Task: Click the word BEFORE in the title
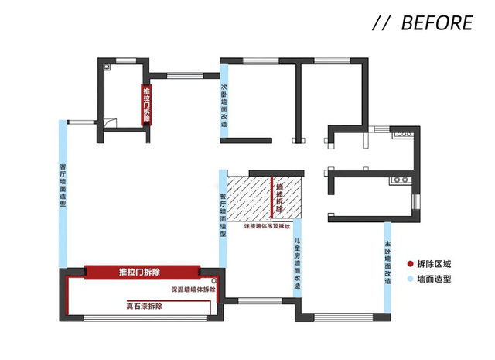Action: coord(436,23)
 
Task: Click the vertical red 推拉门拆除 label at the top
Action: coord(145,103)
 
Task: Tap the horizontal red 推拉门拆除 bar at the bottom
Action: coord(139,273)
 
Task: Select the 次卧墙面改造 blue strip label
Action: coord(224,110)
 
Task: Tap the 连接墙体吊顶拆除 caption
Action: coord(267,228)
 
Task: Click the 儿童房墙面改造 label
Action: coord(297,262)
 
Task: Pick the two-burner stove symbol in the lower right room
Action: coord(400,180)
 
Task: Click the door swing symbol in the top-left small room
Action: coord(111,122)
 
